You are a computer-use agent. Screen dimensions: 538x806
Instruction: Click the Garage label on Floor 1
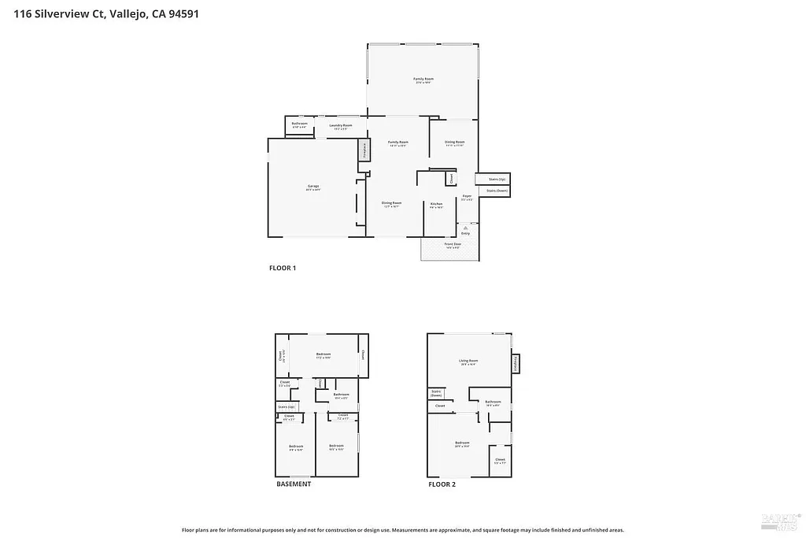click(x=313, y=187)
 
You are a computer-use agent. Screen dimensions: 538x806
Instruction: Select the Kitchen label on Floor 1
click(x=436, y=205)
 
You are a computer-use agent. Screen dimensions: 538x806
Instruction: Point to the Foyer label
click(x=467, y=197)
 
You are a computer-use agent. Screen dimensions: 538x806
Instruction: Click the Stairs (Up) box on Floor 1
click(x=496, y=179)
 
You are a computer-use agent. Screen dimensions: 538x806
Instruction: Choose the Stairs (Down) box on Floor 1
click(x=496, y=191)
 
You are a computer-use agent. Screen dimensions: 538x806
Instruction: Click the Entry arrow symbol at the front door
click(x=465, y=227)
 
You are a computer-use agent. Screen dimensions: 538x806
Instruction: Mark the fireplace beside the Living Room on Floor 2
click(x=516, y=362)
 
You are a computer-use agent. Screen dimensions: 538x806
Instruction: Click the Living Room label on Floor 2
click(x=468, y=362)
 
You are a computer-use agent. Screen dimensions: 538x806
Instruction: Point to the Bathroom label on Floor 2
click(x=494, y=403)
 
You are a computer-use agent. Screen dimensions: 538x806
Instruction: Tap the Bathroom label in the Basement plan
click(x=341, y=395)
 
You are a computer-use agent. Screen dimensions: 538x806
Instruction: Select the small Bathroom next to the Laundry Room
click(x=299, y=124)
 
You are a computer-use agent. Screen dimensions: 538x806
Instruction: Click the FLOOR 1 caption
click(x=283, y=269)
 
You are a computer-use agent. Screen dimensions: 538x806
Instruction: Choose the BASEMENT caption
click(x=294, y=484)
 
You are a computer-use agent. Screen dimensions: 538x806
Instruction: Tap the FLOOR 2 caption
click(x=442, y=484)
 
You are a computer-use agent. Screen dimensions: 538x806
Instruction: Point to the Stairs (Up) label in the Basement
click(x=286, y=406)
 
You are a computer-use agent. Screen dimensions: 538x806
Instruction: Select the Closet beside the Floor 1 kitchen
click(x=451, y=179)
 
